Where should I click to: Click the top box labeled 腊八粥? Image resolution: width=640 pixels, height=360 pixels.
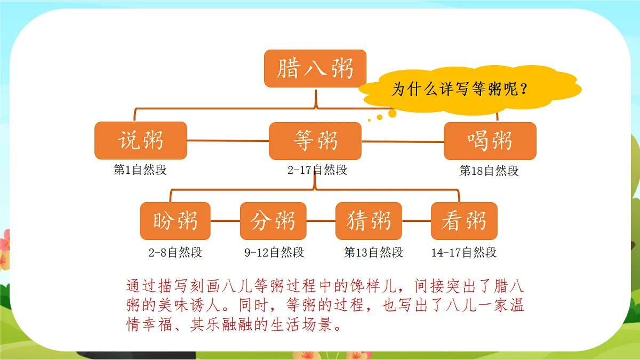coord(315,69)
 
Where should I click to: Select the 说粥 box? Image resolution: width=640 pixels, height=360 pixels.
coord(141,141)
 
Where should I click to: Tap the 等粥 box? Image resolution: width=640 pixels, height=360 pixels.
coord(315,141)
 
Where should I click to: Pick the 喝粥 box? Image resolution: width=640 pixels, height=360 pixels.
coord(490,141)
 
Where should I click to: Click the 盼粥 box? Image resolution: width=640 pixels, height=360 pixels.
coord(175,221)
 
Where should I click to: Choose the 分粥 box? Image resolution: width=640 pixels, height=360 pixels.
coord(273,221)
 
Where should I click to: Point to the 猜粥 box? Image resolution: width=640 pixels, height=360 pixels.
coord(369,221)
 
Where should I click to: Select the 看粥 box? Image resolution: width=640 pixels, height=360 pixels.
coord(464,221)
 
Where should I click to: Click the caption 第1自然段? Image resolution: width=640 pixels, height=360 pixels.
coord(140,170)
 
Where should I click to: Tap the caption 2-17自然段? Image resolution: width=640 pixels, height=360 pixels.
coord(317,170)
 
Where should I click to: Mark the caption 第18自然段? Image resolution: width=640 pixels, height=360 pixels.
coord(489,171)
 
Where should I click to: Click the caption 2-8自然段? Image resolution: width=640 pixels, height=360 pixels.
coord(175,252)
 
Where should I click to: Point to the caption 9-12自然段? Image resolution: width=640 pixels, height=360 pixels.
coord(274,252)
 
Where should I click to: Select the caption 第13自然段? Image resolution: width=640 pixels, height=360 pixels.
coord(373,252)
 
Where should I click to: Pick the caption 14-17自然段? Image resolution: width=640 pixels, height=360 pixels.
coord(464,252)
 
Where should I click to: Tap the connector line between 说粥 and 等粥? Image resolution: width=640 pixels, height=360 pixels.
coord(228,141)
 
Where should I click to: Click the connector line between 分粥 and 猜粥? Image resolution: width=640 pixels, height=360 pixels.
coord(321,221)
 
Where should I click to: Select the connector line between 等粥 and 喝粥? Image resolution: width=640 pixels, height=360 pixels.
coord(403,141)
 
